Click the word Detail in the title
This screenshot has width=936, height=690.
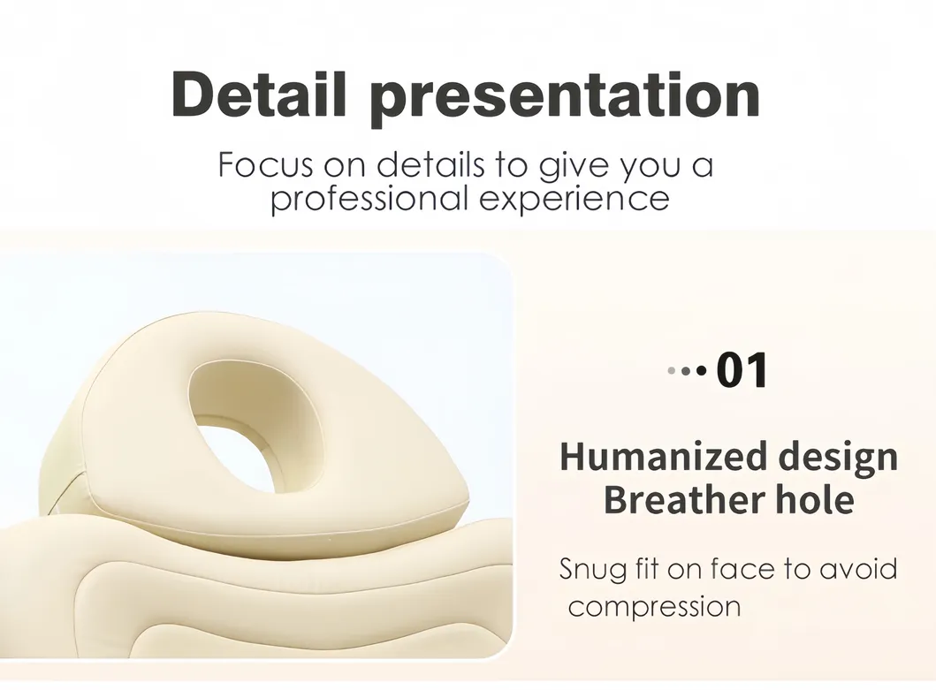(x=258, y=95)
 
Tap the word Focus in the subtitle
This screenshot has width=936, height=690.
(x=266, y=164)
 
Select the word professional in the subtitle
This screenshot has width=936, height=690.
(x=369, y=198)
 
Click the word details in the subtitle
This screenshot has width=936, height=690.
(x=430, y=164)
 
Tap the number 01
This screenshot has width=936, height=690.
(x=742, y=371)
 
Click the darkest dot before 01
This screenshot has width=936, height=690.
(x=702, y=371)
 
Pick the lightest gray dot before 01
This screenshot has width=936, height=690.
(x=672, y=371)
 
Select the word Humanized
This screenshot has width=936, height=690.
(x=663, y=457)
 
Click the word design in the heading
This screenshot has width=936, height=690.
(x=839, y=459)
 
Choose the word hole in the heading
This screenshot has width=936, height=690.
(x=815, y=499)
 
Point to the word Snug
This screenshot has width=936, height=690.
(x=593, y=570)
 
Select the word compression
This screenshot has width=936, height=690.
(x=654, y=608)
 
